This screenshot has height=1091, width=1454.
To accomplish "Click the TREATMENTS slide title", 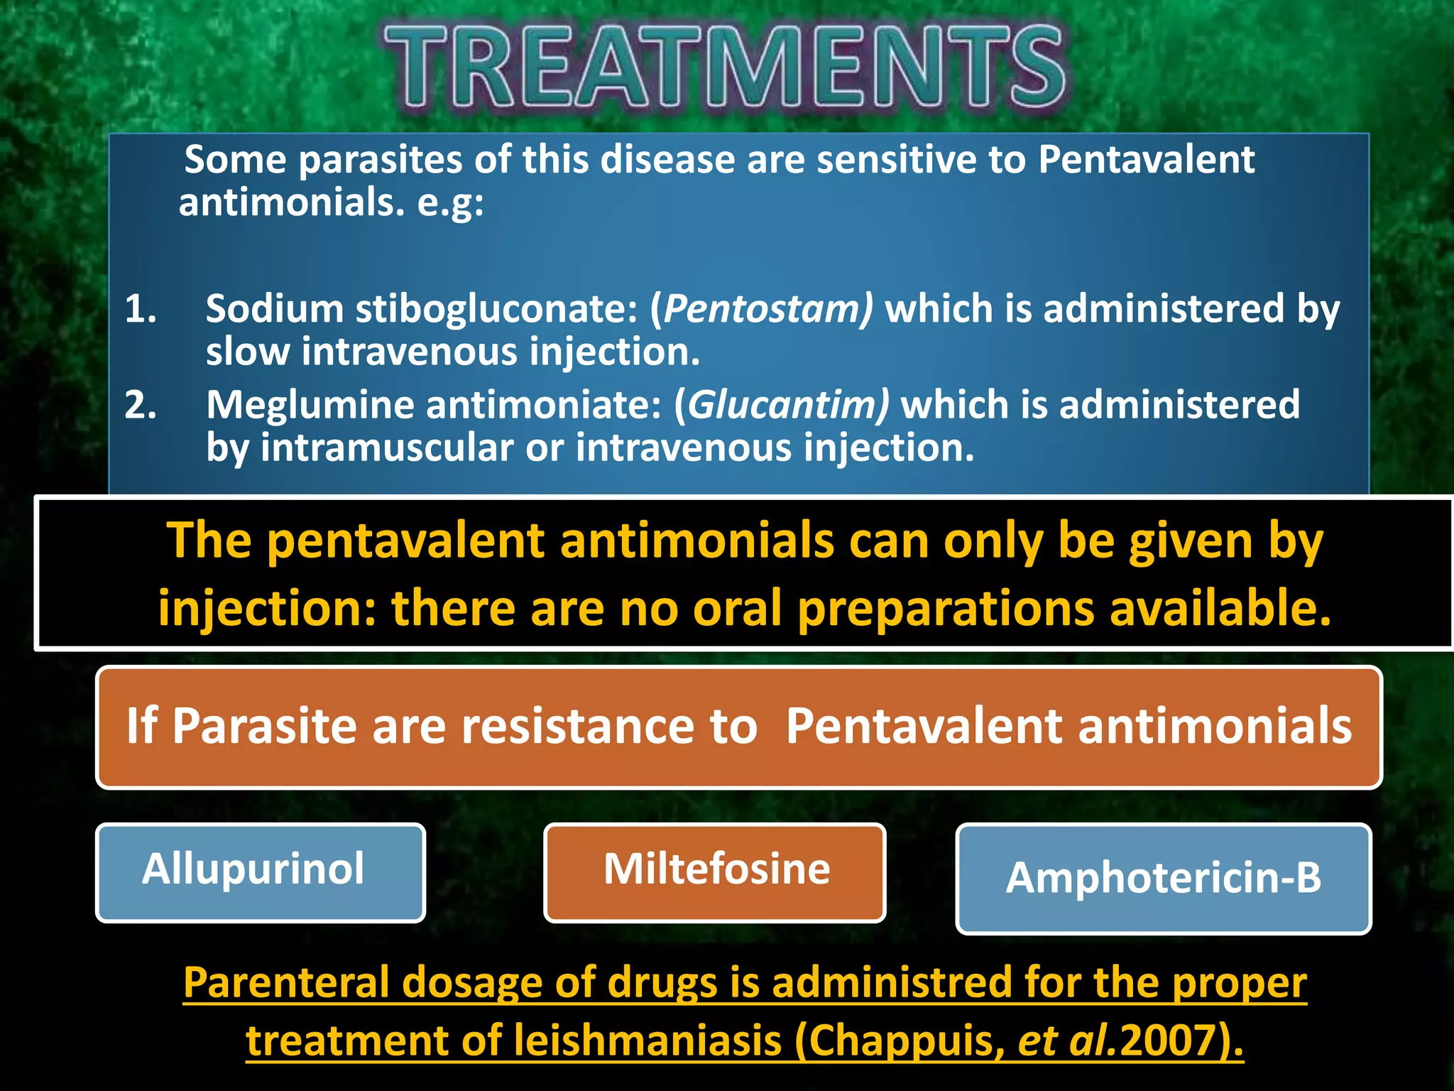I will point(724,67).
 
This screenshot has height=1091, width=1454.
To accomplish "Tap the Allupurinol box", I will point(260,872).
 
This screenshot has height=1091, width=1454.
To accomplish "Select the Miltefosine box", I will point(715,872).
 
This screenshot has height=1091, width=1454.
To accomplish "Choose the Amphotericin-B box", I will point(1163,878).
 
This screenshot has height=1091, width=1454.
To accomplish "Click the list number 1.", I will point(140,310).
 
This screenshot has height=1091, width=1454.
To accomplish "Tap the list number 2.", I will point(140,406).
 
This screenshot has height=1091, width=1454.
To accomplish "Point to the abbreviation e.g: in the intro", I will point(450,204).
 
